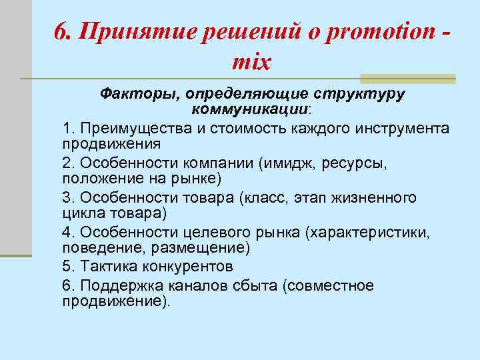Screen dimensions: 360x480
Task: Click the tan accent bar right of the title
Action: tap(407, 79)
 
